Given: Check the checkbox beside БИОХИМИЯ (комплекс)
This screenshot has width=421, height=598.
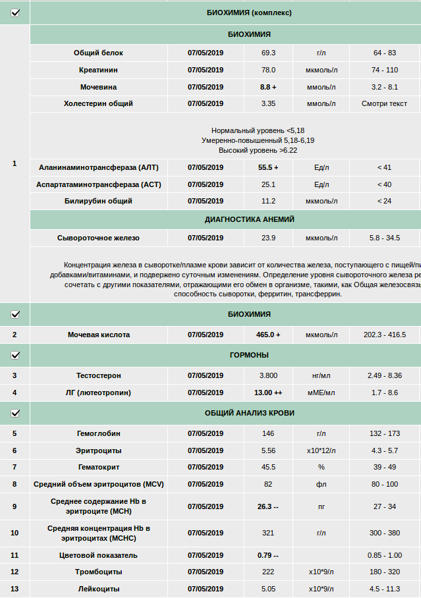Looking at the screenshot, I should (15, 13).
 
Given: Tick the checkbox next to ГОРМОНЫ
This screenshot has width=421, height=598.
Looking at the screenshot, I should (15, 355).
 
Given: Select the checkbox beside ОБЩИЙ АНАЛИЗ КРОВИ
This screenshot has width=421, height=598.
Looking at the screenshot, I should (15, 413).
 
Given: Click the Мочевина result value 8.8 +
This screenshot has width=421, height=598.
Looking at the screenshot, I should (268, 87).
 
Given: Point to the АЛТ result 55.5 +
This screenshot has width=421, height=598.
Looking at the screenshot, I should (268, 167).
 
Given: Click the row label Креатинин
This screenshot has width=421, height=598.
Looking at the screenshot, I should (98, 70).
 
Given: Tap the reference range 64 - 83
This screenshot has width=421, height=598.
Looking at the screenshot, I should (384, 53).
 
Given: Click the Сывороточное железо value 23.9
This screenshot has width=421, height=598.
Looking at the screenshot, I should (268, 238).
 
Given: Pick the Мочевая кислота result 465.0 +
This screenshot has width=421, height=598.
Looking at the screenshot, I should (268, 335).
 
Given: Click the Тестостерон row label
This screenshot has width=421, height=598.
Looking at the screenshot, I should (98, 375).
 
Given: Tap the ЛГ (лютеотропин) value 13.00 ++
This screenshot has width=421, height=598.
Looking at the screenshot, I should (268, 393).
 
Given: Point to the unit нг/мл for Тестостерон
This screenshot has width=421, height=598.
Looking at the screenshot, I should (322, 375).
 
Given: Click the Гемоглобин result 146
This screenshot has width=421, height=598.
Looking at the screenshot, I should (268, 433).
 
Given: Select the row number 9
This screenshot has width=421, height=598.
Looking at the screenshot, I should (14, 506).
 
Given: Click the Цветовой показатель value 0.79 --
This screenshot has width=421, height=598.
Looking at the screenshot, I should (268, 555).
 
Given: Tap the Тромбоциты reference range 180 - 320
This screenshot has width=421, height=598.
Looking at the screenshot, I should (384, 572).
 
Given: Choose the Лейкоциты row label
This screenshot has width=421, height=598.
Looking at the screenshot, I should (98, 589).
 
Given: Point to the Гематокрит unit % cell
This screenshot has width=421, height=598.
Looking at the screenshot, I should (322, 467).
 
